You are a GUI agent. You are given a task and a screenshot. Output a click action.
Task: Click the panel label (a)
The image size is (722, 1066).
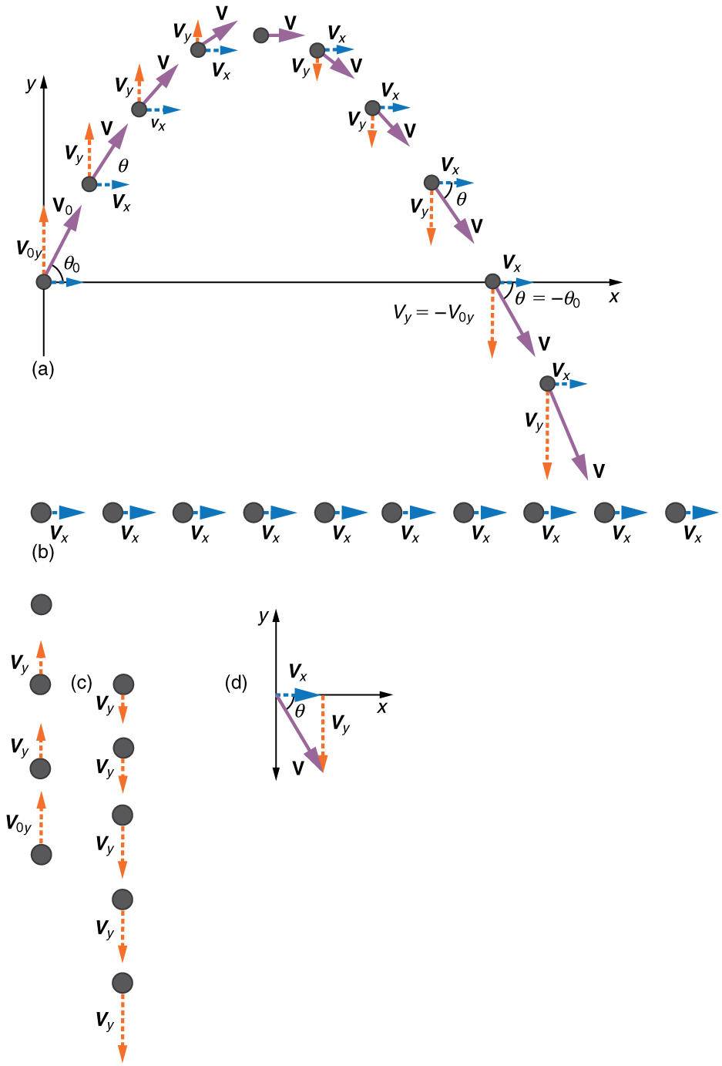(x=42, y=369)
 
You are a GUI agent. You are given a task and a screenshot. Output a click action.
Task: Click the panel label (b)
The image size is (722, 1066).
(x=42, y=552)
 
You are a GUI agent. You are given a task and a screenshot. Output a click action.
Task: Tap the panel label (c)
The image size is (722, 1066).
(x=81, y=683)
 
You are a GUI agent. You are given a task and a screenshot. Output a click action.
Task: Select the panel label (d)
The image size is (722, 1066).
(x=236, y=683)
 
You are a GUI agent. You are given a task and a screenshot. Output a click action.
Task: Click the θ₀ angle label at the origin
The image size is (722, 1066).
(x=72, y=264)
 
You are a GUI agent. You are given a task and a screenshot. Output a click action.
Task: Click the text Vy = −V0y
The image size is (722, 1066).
(x=434, y=314)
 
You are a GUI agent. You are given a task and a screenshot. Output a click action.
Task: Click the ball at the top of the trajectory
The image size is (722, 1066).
(x=261, y=35)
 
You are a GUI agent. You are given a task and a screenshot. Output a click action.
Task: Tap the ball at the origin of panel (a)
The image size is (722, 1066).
(x=44, y=282)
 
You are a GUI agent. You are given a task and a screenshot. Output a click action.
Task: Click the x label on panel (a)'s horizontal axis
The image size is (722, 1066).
(x=614, y=297)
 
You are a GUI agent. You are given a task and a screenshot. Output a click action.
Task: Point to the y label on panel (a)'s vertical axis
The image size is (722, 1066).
(x=30, y=84)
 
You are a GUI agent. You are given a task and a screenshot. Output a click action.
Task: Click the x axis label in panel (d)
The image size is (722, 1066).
(x=382, y=706)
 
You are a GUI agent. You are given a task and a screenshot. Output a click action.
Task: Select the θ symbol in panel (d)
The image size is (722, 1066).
(x=300, y=711)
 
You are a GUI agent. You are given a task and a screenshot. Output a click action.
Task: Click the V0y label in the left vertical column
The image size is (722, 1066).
(x=18, y=824)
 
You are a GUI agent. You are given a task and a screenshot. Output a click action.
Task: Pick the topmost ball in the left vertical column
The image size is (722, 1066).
(x=41, y=604)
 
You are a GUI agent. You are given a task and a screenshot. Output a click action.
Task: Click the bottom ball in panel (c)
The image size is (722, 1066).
(x=123, y=982)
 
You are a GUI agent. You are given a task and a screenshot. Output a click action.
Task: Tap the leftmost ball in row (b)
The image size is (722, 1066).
(x=41, y=512)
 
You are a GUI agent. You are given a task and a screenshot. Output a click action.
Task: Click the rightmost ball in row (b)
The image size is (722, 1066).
(x=676, y=512)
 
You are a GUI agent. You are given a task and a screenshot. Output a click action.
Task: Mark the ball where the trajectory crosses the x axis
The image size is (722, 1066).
(x=492, y=282)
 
